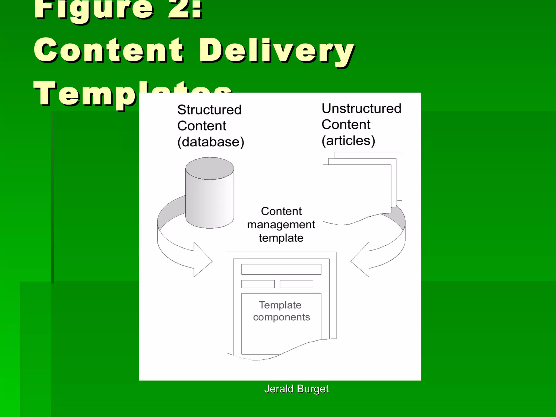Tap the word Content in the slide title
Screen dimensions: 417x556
(109, 50)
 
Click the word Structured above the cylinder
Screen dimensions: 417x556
(209, 110)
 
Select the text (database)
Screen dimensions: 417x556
(211, 142)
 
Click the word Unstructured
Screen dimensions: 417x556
(361, 109)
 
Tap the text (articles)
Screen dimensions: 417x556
(348, 141)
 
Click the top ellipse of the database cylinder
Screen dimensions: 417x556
(210, 168)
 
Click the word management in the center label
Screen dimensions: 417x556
(281, 225)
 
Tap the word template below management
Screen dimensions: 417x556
(281, 238)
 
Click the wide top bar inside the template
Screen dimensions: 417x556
(281, 269)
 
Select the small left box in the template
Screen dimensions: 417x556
(258, 284)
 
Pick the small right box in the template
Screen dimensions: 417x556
(296, 284)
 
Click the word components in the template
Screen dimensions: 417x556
(281, 317)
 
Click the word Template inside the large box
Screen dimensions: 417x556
(280, 305)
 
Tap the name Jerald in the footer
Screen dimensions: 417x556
(279, 389)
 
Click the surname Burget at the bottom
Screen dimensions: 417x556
(313, 389)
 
